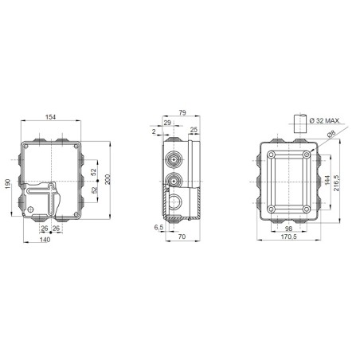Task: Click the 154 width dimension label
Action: click(50, 117)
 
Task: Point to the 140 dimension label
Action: click(45, 240)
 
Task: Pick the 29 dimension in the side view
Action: click(167, 123)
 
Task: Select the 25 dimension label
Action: click(194, 129)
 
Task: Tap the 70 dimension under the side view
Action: click(182, 237)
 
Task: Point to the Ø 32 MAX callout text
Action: click(323, 120)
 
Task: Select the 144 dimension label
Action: click(327, 181)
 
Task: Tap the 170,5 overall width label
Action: click(289, 237)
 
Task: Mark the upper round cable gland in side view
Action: click(173, 158)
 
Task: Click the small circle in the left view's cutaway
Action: click(32, 212)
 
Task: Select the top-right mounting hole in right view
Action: click(307, 153)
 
